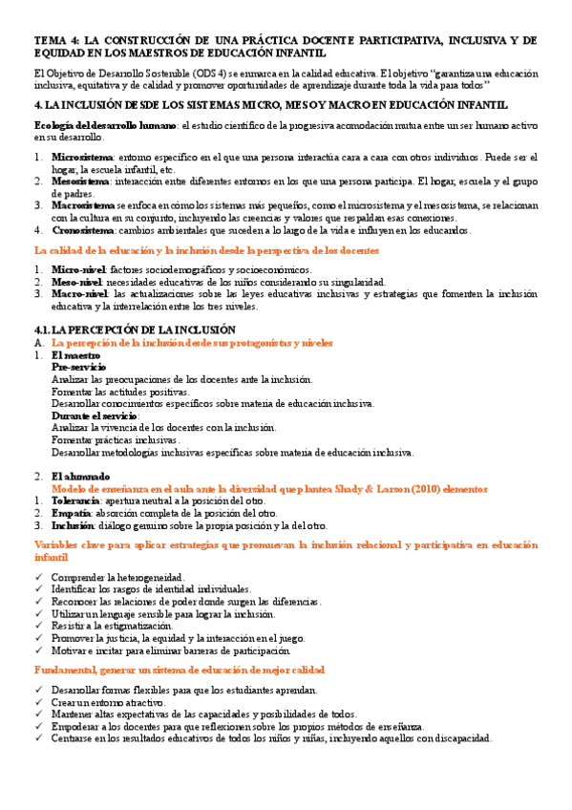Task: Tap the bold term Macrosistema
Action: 84,204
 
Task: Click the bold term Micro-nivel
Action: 79,270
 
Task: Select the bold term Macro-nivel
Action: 80,294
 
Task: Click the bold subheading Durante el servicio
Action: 95,416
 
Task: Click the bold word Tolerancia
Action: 75,501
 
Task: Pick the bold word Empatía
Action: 71,513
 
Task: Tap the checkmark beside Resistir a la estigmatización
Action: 38,625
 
